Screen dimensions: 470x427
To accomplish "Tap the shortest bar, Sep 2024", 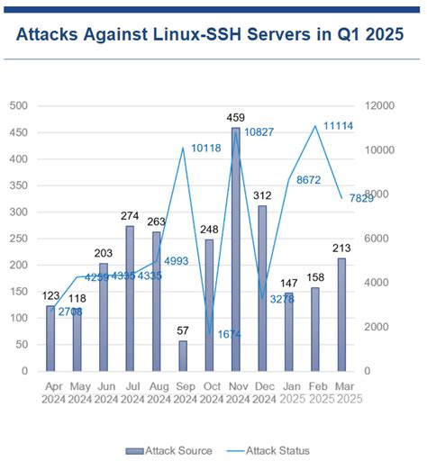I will click(x=183, y=355).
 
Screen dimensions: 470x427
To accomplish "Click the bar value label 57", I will click(x=183, y=330).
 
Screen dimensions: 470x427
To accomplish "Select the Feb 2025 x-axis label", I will click(x=315, y=390).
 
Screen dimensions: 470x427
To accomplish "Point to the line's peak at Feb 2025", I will click(x=315, y=125).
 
